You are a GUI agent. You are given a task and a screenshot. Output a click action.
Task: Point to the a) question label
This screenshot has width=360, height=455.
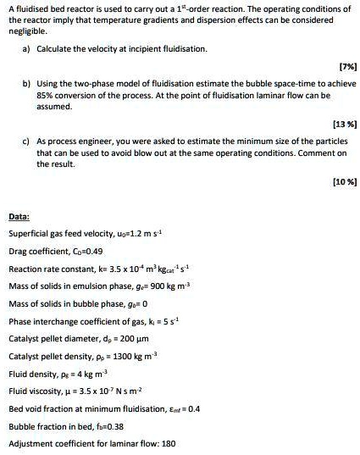click(x=27, y=50)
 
